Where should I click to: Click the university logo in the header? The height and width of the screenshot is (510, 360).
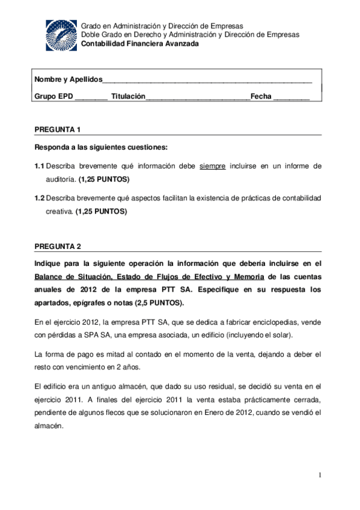coord(61,35)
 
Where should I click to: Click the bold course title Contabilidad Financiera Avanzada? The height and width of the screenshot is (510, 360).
coord(139,44)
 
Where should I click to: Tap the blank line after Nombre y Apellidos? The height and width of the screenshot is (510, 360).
coord(207,80)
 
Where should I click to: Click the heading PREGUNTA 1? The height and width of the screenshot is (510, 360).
coord(58,130)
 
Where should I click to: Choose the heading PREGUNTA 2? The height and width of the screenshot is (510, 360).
coord(58,247)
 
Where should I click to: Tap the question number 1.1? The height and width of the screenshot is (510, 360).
coord(40,165)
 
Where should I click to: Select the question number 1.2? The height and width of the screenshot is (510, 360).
coord(40,198)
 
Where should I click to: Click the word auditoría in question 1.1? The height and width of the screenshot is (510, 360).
coord(61,179)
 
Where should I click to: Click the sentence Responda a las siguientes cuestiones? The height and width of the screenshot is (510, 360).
coord(101,147)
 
